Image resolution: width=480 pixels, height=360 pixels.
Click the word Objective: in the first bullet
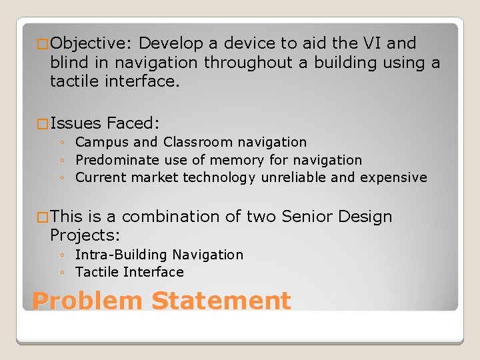tap(92, 44)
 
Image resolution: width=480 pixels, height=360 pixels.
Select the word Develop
tap(171, 44)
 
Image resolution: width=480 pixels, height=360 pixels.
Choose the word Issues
tap(75, 123)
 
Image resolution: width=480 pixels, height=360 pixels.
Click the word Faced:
tap(133, 123)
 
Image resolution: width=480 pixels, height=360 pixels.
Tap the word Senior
tap(307, 217)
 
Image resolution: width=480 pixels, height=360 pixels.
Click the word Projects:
tap(85, 236)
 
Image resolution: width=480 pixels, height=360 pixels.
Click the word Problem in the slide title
tap(87, 301)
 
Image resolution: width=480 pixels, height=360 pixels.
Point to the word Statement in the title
tap(221, 301)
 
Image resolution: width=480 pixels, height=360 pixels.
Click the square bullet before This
tap(42, 217)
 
